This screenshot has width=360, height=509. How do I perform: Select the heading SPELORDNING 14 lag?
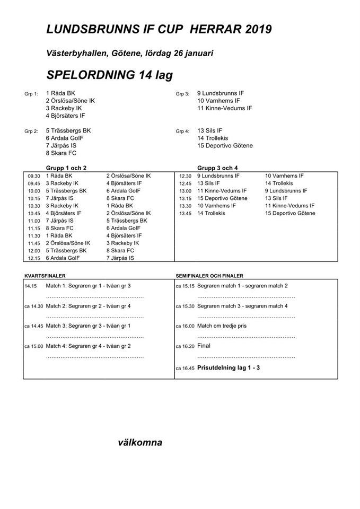[110, 75]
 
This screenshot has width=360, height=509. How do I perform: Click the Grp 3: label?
[182, 94]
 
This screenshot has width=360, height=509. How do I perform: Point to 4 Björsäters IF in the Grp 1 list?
[65, 115]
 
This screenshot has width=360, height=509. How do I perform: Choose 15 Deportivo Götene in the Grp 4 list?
[225, 146]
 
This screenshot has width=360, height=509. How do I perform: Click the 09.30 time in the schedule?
[34, 176]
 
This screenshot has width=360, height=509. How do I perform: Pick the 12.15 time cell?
[34, 258]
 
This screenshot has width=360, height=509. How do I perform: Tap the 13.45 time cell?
[185, 214]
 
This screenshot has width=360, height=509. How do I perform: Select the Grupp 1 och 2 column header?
[67, 168]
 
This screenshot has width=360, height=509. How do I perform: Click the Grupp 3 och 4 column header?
[217, 168]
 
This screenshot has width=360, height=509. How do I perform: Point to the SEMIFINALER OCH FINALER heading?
[209, 276]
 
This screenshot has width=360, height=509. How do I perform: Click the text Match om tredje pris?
[222, 326]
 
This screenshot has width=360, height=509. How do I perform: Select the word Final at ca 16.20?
[204, 346]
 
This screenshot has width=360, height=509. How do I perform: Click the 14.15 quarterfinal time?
[31, 286]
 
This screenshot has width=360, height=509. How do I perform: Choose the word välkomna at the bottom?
[140, 443]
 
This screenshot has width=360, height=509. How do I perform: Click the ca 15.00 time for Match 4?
[34, 346]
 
